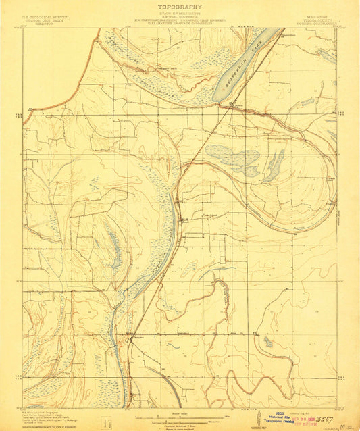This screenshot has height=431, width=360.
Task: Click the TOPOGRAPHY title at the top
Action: pos(180,6)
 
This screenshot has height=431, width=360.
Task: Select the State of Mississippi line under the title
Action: pos(180,13)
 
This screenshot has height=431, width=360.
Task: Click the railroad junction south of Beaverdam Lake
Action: pos(232,103)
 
